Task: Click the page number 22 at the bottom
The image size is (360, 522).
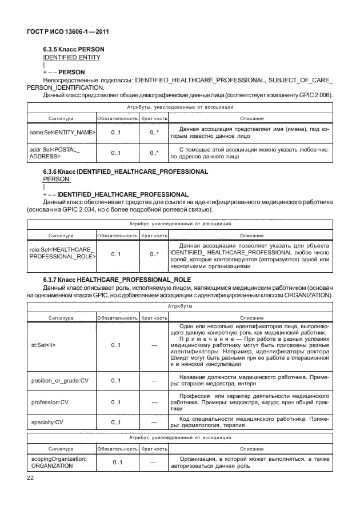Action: tap(31, 478)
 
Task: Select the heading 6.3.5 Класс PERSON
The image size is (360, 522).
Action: tap(74, 49)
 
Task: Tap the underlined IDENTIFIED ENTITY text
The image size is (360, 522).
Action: tap(72, 57)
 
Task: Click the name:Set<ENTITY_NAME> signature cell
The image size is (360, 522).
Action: tap(62, 133)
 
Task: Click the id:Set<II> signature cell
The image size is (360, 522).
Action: tap(43, 345)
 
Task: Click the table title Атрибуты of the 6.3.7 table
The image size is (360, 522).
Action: tap(179, 306)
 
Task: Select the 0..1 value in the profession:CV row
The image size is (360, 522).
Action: tap(116, 402)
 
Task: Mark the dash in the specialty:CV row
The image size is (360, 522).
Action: tap(154, 423)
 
